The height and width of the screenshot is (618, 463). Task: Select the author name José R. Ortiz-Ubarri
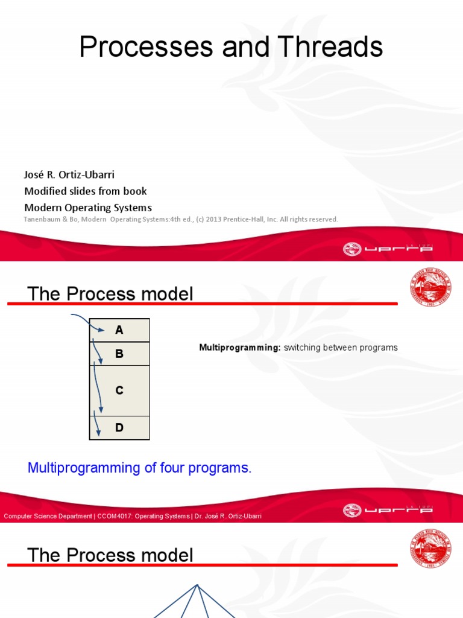69,175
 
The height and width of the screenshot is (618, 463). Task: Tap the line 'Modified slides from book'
85,191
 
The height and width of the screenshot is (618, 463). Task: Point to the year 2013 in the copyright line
215,220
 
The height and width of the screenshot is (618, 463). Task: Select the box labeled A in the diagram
119,330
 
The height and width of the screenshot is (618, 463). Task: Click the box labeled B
119,354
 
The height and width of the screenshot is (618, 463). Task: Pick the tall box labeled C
119,390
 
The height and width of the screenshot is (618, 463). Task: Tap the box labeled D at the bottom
119,428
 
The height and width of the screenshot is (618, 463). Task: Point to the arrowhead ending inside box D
98,433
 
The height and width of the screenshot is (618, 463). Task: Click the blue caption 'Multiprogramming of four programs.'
139,468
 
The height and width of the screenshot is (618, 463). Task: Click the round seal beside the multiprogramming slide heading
430,287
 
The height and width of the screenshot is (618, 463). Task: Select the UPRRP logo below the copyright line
388,249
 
